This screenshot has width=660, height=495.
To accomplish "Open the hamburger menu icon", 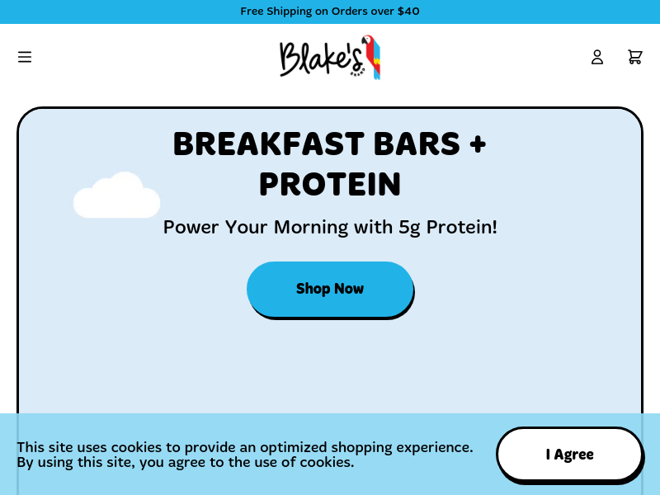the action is click(25, 57).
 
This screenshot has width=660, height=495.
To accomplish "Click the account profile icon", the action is click(596, 57).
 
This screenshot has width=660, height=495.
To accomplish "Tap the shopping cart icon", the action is click(634, 57).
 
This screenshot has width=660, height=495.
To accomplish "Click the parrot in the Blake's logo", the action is click(372, 57).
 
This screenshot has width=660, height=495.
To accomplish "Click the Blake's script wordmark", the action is click(321, 59).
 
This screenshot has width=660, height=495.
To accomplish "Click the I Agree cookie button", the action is click(569, 455).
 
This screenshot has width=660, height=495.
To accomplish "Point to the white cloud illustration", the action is click(116, 196).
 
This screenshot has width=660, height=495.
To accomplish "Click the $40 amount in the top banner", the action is click(408, 11).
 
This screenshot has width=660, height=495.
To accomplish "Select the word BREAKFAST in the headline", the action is click(269, 144).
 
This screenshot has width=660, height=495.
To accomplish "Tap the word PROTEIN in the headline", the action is click(330, 184).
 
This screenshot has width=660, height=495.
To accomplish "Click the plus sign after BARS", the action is click(478, 144).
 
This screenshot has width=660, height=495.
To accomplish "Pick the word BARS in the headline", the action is click(417, 144).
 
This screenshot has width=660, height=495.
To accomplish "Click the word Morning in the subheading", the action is click(311, 228).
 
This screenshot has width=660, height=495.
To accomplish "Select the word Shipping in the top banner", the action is click(290, 12).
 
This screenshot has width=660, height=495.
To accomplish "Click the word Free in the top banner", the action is click(252, 11).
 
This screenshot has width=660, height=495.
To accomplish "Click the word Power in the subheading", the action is click(191, 228).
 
